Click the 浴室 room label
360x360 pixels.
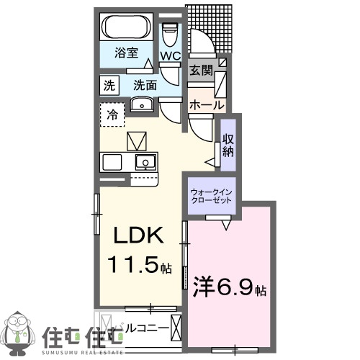130,53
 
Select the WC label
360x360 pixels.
170,56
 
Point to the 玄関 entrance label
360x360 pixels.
201,70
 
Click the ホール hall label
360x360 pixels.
206,104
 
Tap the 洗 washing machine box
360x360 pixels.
109,84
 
